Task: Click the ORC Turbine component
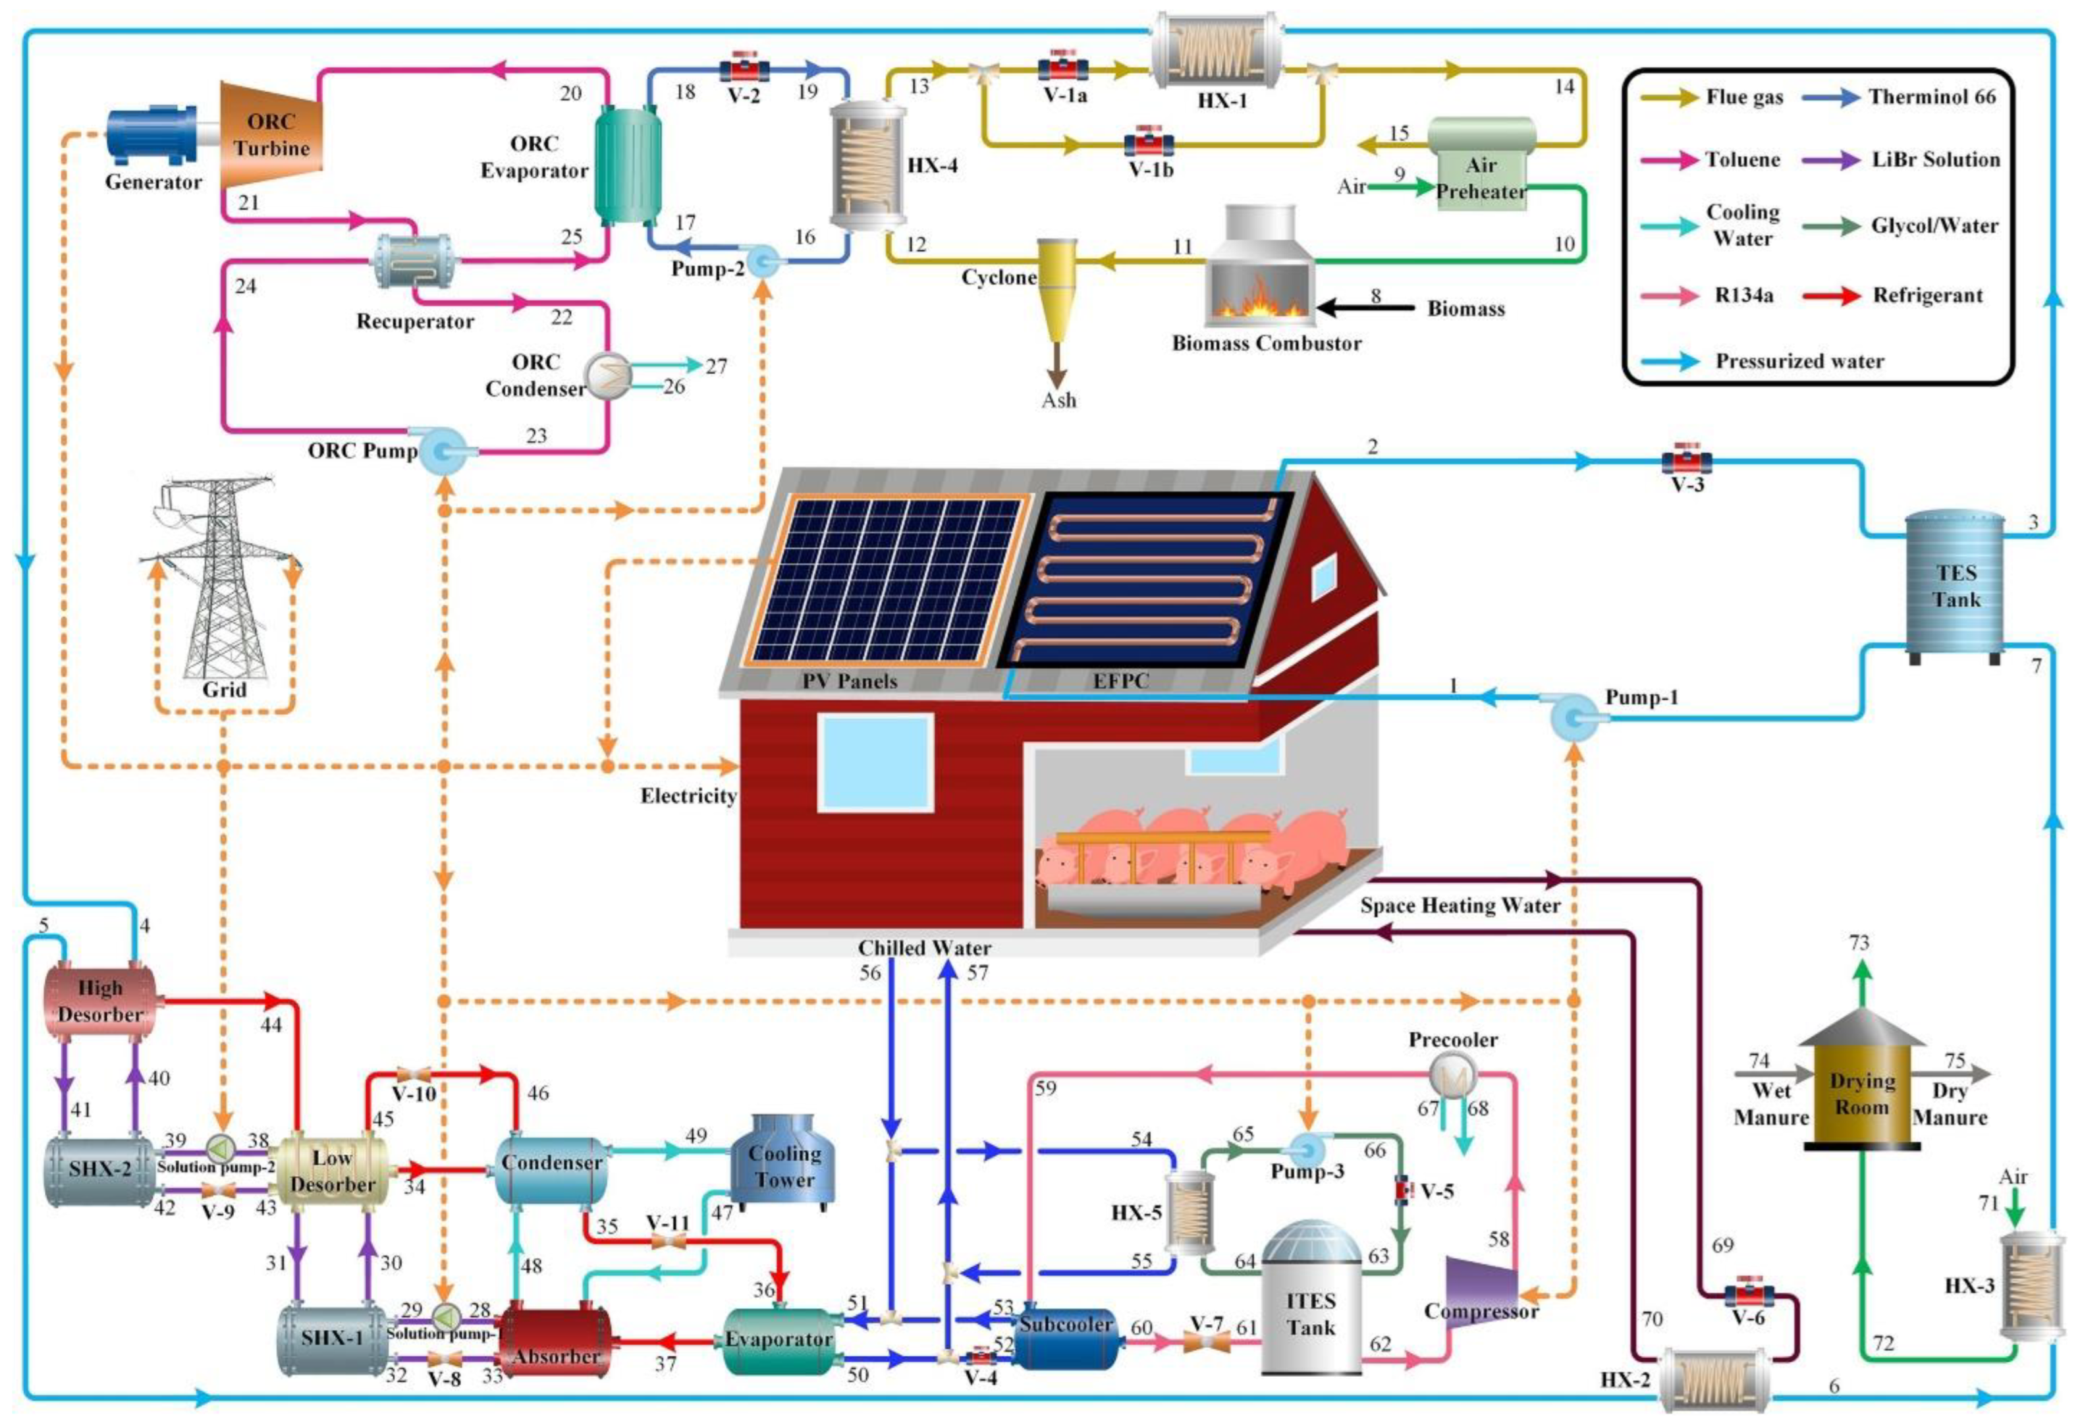pyautogui.click(x=272, y=134)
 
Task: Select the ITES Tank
pyautogui.click(x=1311, y=1307)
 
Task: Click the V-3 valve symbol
pyautogui.click(x=1686, y=462)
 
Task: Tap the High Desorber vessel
pyautogui.click(x=99, y=1001)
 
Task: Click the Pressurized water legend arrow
pyautogui.click(x=1669, y=362)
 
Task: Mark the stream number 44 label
pyautogui.click(x=270, y=1025)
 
